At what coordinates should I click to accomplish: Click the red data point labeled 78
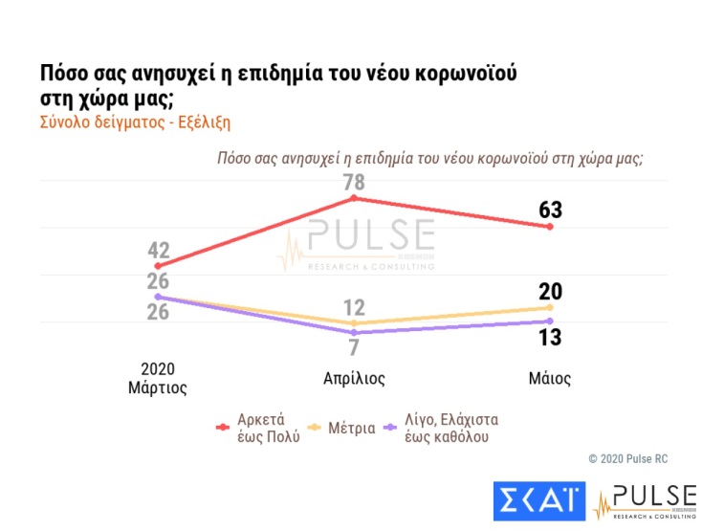(354, 198)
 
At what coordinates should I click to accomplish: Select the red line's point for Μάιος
(550, 227)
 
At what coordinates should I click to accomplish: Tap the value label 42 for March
(159, 252)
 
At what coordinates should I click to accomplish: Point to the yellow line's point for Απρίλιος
(354, 323)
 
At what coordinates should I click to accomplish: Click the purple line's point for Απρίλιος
(354, 332)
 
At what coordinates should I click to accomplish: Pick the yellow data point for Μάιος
(550, 308)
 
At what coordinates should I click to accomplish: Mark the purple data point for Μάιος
(550, 321)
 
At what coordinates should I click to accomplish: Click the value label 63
(550, 209)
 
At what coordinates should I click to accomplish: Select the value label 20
(550, 292)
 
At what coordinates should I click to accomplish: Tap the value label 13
(550, 337)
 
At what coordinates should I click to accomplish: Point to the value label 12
(354, 307)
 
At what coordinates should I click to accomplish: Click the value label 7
(354, 347)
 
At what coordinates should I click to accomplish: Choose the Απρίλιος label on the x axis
(354, 378)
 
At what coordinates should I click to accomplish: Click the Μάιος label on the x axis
(550, 378)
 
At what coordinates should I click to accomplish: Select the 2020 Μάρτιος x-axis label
(158, 378)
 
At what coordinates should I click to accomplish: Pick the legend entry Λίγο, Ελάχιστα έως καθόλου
(449, 429)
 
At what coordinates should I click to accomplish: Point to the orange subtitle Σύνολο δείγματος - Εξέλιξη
(135, 123)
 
